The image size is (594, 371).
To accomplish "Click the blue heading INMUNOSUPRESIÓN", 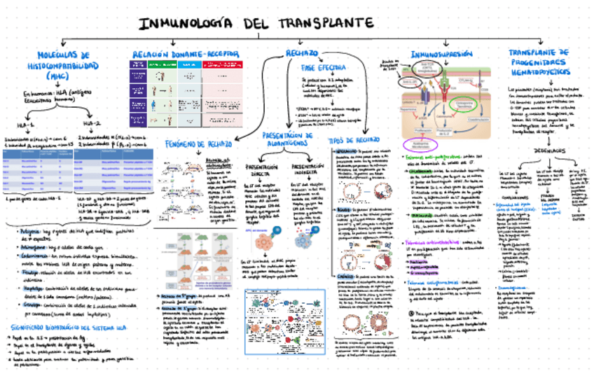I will click(441, 54).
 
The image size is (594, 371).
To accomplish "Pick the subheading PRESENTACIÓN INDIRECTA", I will click(305, 171).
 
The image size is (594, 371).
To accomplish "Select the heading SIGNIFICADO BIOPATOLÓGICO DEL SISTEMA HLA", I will click(60, 328).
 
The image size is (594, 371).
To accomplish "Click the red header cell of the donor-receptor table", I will click(219, 64).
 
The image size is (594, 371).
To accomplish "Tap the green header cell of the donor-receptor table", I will click(160, 64).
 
